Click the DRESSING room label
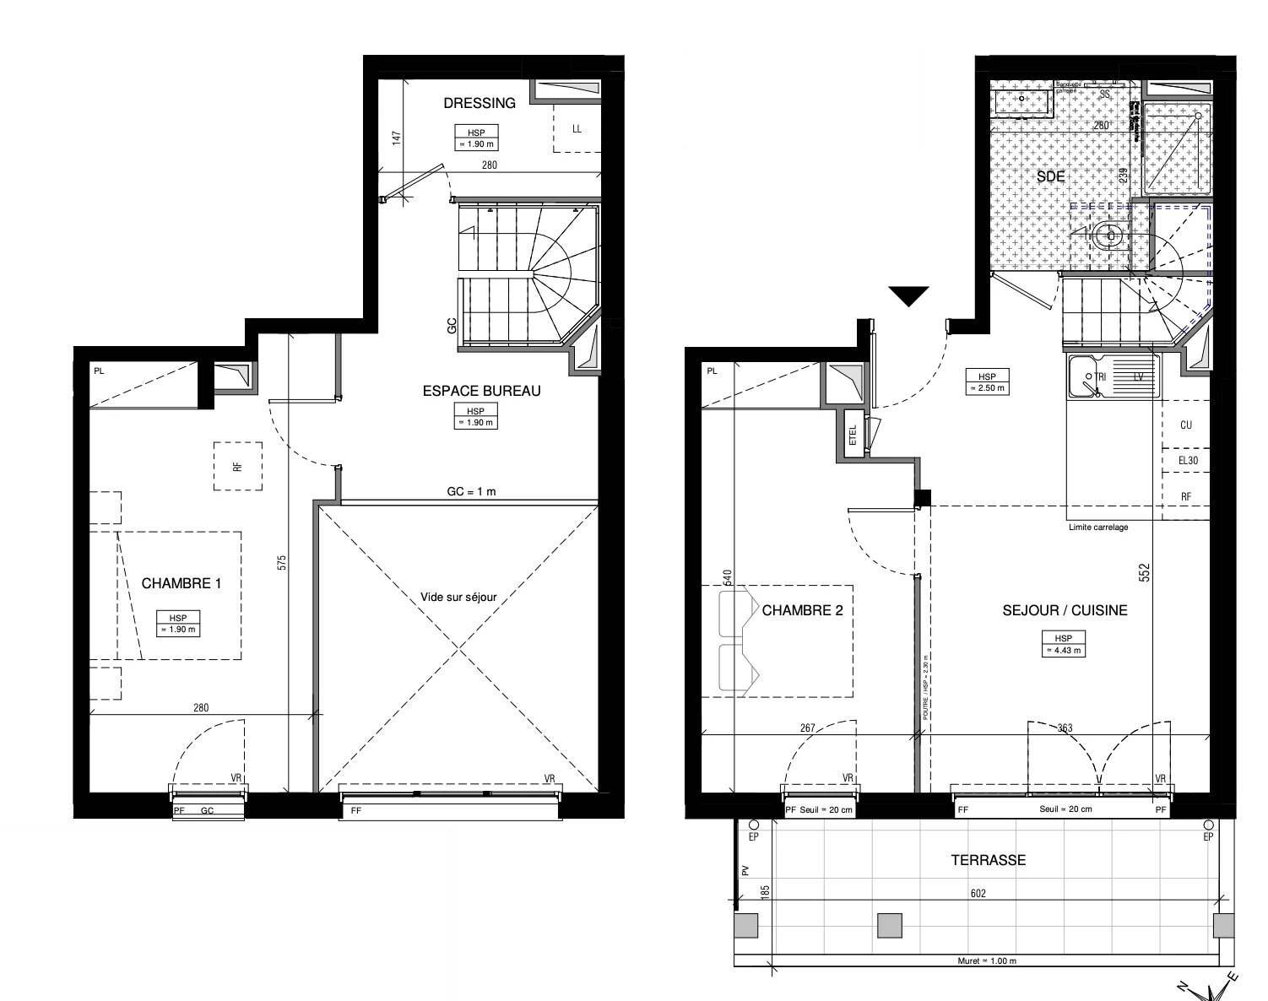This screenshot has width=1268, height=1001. tap(480, 103)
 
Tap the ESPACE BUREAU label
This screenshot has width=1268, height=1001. tap(481, 391)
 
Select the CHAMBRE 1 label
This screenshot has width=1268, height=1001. tap(182, 583)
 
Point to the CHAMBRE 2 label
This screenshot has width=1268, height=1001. tap(802, 610)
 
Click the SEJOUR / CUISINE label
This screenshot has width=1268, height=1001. tap(1065, 610)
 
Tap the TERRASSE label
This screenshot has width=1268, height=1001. tap(988, 860)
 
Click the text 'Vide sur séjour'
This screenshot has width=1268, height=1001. tap(458, 597)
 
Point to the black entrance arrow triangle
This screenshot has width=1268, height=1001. tap(908, 296)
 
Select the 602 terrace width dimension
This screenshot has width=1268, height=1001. tap(978, 893)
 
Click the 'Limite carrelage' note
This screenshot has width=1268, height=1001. tap(1098, 527)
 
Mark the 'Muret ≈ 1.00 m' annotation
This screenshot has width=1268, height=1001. tap(987, 960)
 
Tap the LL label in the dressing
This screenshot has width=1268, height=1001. tap(577, 129)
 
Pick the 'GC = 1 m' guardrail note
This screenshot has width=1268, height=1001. tap(471, 491)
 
